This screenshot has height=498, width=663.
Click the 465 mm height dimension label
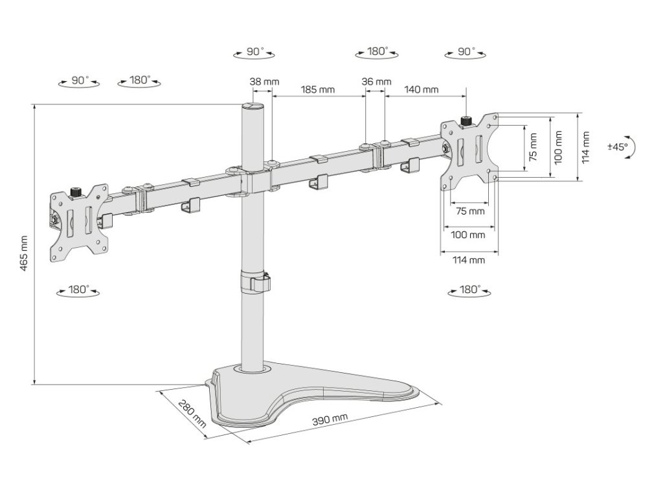pos(24,254)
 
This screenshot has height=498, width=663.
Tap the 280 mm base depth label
pos(192,416)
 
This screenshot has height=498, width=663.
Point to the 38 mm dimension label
pos(264,82)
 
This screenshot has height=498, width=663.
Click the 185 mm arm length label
pos(318,89)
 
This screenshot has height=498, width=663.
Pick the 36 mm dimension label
pos(376,82)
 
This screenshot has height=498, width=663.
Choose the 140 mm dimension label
pos(421,89)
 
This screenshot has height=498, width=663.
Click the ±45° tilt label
pos(617,147)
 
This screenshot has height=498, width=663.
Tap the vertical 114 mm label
pos(585,148)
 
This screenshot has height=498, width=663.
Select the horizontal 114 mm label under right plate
pos(469,260)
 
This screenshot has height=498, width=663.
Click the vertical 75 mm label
pos(533,148)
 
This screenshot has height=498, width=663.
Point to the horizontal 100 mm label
pos(469,235)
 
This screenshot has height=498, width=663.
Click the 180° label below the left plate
pos(78,290)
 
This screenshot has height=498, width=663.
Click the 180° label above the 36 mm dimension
pos(377,51)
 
